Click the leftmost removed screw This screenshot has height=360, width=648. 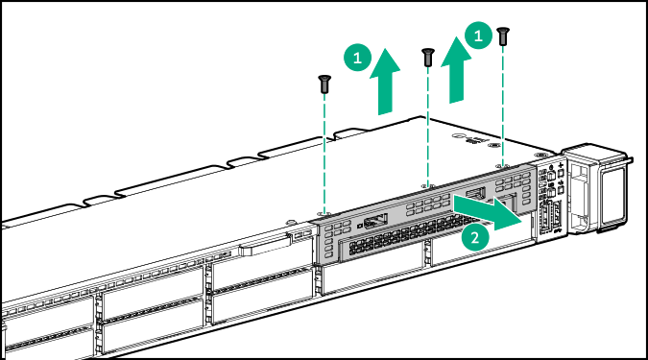click(325, 84)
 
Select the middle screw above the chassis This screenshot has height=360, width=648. click(427, 57)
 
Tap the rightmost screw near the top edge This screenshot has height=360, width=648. click(502, 36)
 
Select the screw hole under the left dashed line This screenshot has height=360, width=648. click(325, 216)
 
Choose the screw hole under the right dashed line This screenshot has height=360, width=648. click(503, 164)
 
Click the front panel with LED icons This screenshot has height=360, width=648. click(550, 197)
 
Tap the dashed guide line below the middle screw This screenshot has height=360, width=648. click(427, 125)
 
